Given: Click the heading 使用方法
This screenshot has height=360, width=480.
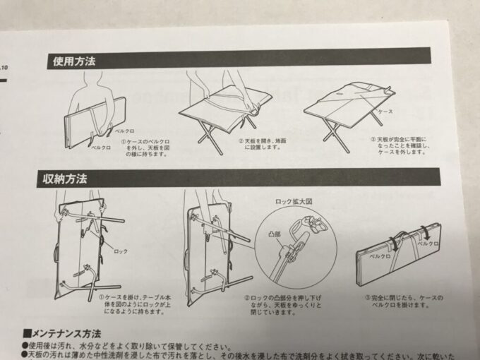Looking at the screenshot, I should click(x=74, y=61).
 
